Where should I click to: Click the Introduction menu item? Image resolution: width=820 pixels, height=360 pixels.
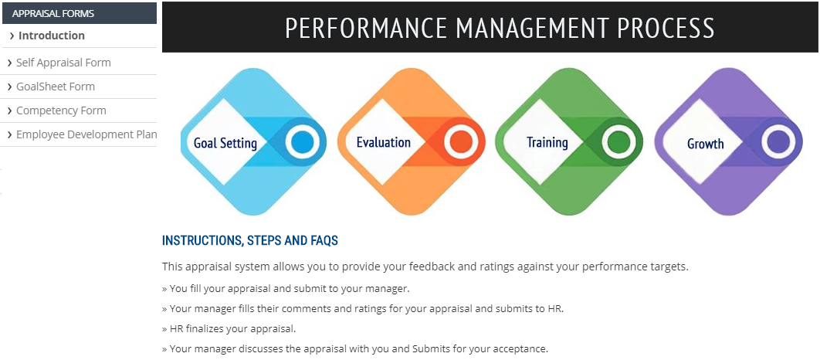click(x=51, y=36)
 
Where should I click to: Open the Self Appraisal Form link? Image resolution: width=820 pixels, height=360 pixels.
click(x=63, y=63)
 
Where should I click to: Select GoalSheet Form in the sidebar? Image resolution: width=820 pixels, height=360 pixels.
click(x=56, y=87)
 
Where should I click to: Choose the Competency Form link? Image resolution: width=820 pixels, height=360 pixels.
click(x=61, y=111)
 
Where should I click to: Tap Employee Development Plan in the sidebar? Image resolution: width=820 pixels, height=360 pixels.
click(x=86, y=134)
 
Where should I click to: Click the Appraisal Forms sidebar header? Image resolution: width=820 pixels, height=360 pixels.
click(x=53, y=14)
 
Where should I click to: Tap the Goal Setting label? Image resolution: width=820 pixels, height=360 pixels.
click(x=225, y=143)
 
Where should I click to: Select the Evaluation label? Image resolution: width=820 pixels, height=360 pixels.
click(x=383, y=142)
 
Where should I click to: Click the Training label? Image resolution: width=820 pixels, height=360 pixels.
click(x=547, y=142)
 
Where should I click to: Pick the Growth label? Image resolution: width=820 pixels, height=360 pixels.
click(x=706, y=144)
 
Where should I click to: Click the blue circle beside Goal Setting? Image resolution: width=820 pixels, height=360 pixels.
click(x=302, y=142)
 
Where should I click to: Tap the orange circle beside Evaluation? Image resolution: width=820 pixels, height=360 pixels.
click(x=460, y=142)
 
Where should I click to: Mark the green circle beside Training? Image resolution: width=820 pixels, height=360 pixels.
click(x=619, y=142)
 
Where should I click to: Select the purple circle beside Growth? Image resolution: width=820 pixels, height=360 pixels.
click(x=778, y=142)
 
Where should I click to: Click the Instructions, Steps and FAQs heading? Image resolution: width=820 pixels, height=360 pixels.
click(x=250, y=241)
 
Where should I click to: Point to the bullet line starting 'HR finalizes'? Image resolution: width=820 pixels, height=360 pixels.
click(x=229, y=329)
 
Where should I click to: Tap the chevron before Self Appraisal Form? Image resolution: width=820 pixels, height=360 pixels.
click(x=10, y=63)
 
